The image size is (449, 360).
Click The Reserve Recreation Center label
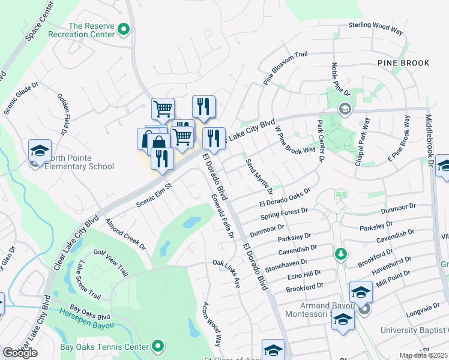coord(91,30)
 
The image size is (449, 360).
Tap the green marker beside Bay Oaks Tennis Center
coord(158,346)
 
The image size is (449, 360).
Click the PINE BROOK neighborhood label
coord(403,63)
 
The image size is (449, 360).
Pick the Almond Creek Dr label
coord(125,233)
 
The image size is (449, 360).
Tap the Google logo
coord(20,353)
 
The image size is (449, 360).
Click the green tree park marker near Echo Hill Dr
coord(341,254)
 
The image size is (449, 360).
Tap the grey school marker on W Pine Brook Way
coord(345,109)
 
